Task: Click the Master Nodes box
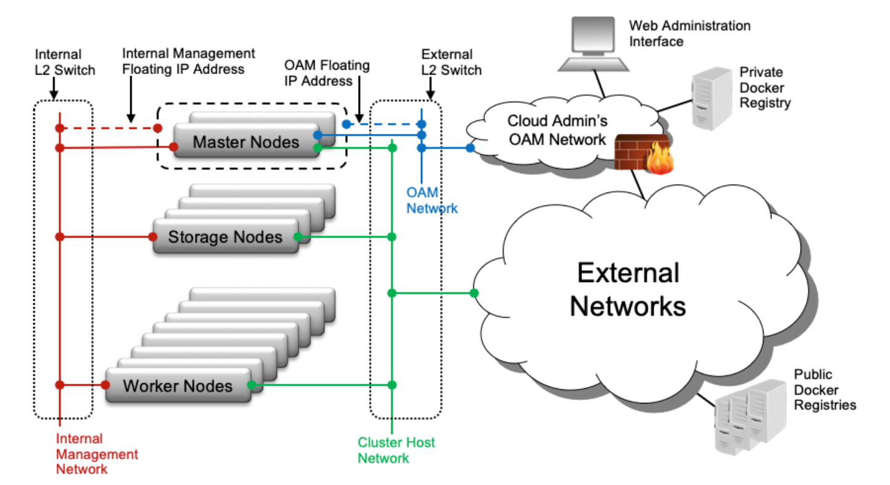(x=246, y=142)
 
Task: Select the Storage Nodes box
(x=225, y=237)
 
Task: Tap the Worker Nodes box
(x=178, y=386)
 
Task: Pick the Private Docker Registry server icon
(x=710, y=99)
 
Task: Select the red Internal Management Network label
(x=97, y=454)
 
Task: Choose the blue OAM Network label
(x=431, y=201)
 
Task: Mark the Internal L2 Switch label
(x=65, y=62)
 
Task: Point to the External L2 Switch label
(x=450, y=62)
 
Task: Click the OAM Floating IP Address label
(x=326, y=73)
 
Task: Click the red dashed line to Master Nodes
(x=108, y=128)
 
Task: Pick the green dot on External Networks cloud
(x=474, y=292)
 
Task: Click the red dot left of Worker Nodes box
(x=106, y=385)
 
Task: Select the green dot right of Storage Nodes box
(x=297, y=237)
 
